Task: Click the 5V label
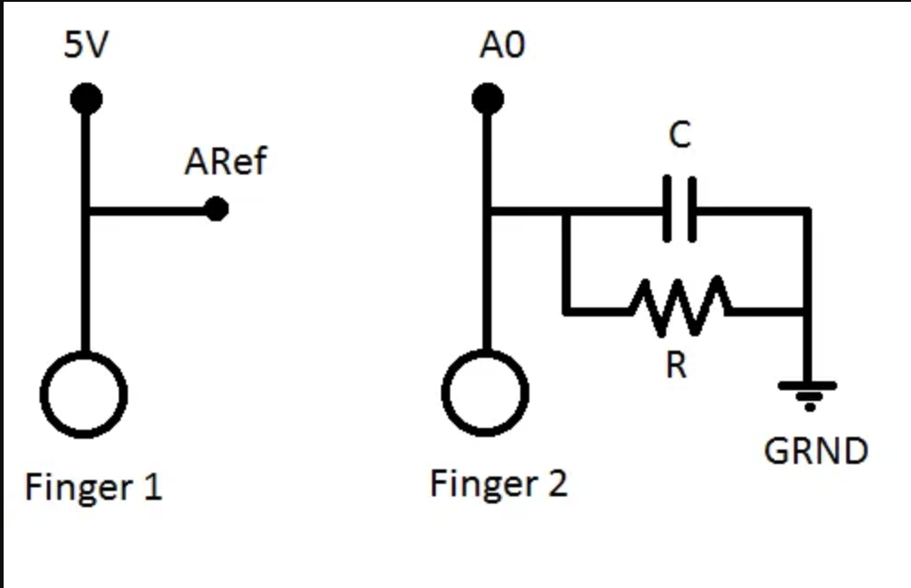tap(86, 45)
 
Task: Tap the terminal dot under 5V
tap(86, 99)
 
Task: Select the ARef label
tap(225, 163)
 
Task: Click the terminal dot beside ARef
tap(216, 209)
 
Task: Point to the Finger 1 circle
tap(85, 394)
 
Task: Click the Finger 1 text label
tap(94, 487)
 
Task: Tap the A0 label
tap(501, 45)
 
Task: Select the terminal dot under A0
tap(487, 99)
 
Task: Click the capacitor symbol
tap(680, 210)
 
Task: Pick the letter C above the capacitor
tap(681, 136)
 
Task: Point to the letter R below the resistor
tap(677, 365)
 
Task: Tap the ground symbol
tap(807, 393)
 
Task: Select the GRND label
tap(816, 450)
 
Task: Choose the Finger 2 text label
tap(499, 484)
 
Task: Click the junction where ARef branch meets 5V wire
tap(86, 210)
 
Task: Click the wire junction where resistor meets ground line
tap(807, 312)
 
